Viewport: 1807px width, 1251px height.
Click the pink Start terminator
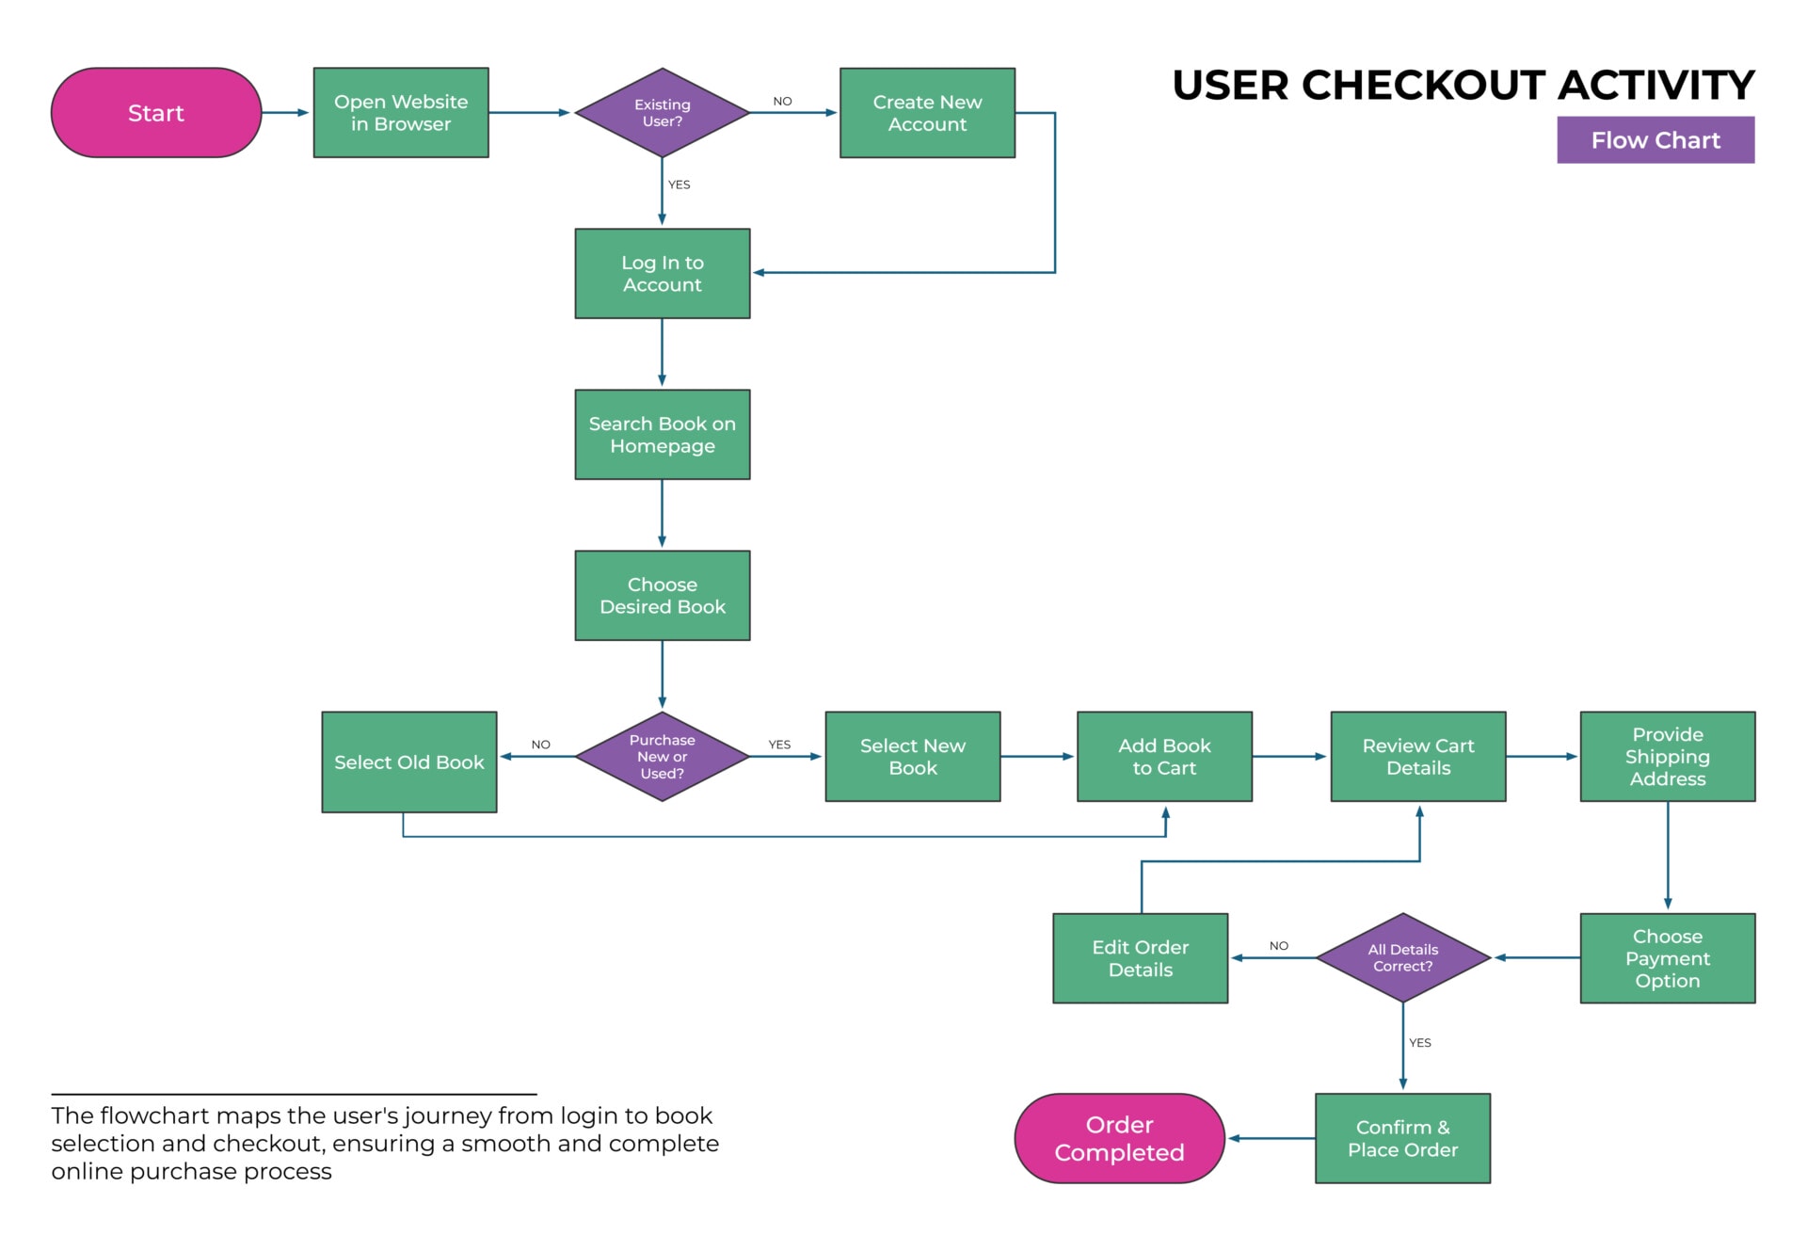(x=156, y=113)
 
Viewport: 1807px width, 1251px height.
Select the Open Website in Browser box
(x=401, y=113)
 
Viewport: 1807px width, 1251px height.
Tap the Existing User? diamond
(x=662, y=113)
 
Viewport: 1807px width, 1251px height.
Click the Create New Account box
(x=927, y=113)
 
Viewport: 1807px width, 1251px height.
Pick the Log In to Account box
(x=662, y=274)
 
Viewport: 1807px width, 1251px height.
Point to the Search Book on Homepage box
(x=662, y=435)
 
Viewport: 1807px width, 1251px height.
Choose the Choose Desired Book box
(x=662, y=596)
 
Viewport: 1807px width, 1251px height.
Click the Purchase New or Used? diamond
(x=662, y=757)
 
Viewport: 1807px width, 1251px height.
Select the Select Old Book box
(x=409, y=762)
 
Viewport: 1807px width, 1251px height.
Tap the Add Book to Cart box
(x=1164, y=757)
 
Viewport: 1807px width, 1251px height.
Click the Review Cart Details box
(x=1418, y=757)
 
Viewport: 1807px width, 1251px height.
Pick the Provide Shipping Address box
(x=1668, y=757)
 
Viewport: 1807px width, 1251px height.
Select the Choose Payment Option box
(x=1668, y=958)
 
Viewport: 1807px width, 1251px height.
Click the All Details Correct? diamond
(x=1402, y=958)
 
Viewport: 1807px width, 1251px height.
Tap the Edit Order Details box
(x=1141, y=958)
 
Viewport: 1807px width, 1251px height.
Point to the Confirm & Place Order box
(x=1402, y=1139)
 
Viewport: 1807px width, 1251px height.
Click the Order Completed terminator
(x=1119, y=1139)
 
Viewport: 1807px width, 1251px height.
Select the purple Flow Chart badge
(x=1655, y=140)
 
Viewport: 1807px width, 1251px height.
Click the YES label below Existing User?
(x=680, y=185)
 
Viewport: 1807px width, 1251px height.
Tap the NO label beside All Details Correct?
(x=1279, y=946)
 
